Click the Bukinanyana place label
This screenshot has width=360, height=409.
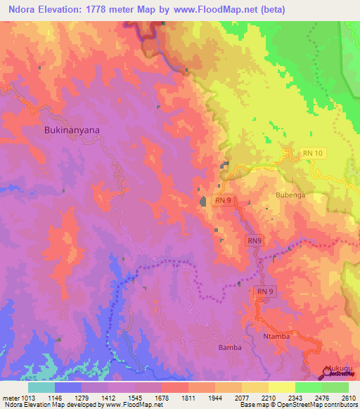coord(71,130)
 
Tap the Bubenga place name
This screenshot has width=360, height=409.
coord(290,195)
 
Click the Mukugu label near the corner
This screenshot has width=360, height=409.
coord(337,368)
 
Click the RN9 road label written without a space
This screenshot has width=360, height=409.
coord(255,240)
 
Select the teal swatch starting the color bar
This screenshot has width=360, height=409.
coord(41,387)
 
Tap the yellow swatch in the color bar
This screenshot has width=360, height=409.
coord(281,387)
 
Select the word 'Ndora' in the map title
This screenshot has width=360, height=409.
coord(22,9)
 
